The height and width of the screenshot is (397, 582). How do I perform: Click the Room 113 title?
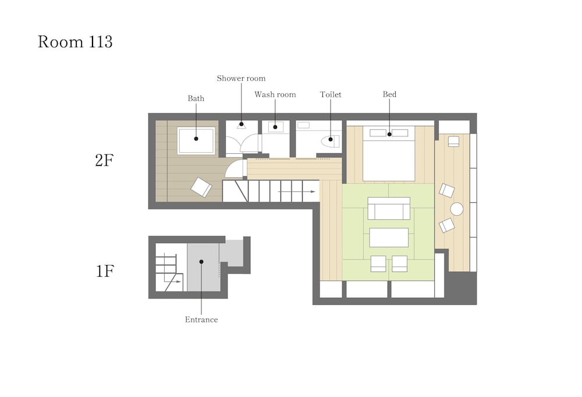tap(75, 41)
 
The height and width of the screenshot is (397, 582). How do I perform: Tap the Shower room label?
tap(242, 79)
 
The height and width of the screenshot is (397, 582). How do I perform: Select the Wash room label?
tap(275, 94)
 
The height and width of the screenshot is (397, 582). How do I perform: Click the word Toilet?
tap(331, 94)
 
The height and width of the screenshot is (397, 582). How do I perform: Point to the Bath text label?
tap(196, 99)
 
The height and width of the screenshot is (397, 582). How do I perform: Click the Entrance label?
tap(201, 319)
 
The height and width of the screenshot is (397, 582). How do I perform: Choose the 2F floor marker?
tap(104, 160)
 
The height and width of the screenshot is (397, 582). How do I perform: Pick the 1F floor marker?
tap(105, 271)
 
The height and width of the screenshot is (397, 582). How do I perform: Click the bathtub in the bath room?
tap(196, 140)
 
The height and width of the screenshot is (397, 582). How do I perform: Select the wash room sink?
tap(275, 127)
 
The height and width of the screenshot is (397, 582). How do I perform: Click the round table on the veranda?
tap(457, 209)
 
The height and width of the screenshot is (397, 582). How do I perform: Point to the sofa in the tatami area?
tap(389, 209)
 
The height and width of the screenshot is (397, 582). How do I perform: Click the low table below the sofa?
tap(389, 237)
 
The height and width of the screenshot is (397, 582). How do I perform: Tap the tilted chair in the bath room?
tap(201, 187)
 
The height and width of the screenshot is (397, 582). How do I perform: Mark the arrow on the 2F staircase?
tap(297, 192)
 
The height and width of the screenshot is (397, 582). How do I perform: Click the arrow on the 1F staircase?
tap(173, 282)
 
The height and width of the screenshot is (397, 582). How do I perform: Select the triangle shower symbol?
tap(242, 126)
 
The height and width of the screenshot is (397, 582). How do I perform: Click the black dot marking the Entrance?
tap(201, 262)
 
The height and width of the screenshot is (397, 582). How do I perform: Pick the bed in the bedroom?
tap(389, 154)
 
